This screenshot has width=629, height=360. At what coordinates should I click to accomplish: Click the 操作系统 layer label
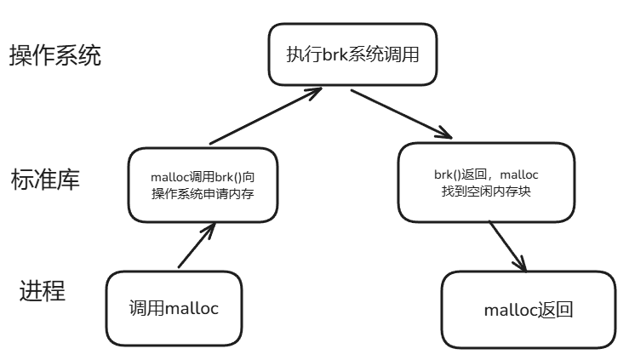coord(55,56)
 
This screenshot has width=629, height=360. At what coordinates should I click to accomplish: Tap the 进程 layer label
coord(43,291)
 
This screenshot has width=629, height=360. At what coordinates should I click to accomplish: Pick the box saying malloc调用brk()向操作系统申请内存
coord(203,185)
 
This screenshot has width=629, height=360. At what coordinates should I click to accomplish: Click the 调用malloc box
coord(174,308)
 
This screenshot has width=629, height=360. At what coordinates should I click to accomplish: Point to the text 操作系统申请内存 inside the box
coord(203,193)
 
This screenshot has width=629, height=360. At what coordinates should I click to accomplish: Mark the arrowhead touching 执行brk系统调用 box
coord(311,92)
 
